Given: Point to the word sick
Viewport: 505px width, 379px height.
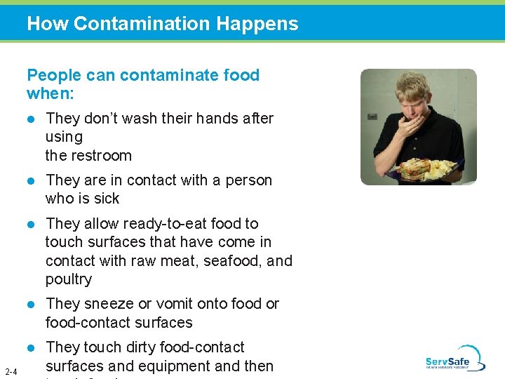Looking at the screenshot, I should [x=107, y=199].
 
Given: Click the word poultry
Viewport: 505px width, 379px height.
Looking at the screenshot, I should [x=69, y=279].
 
